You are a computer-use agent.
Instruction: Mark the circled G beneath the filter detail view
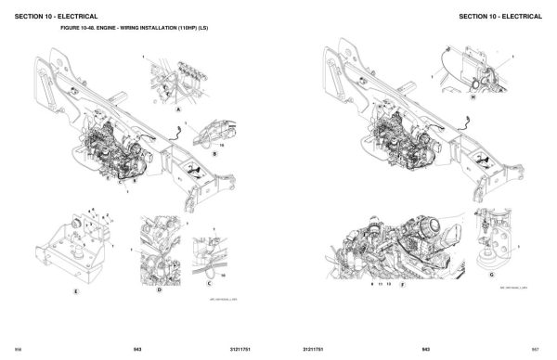(490, 275)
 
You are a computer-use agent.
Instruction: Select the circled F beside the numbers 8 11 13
(401, 276)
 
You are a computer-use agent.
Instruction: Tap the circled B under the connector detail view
(214, 154)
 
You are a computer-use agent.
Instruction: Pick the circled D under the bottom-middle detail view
(159, 289)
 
